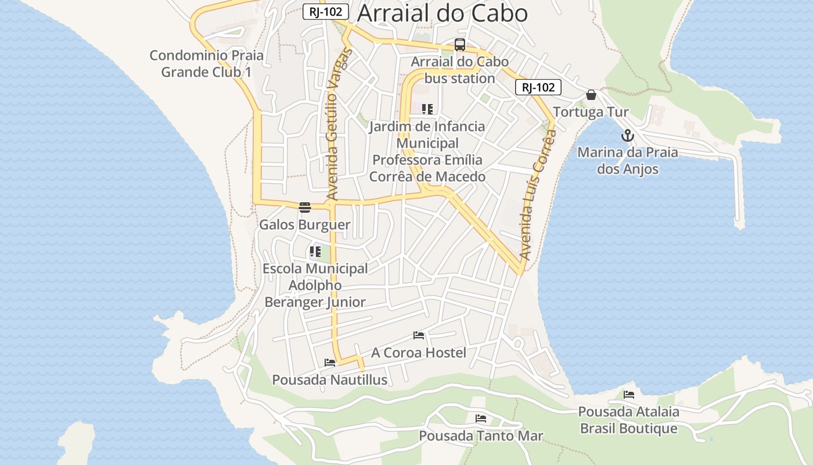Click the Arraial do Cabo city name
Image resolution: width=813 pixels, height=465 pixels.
(442, 13)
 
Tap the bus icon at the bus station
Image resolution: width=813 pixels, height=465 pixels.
(460, 45)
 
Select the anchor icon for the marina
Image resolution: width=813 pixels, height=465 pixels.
(627, 136)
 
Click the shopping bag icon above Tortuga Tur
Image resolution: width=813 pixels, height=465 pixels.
(591, 95)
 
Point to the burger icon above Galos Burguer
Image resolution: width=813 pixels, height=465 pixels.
(305, 208)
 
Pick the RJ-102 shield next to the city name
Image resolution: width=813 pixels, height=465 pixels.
(326, 12)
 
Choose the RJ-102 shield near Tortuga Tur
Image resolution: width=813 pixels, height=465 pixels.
(538, 87)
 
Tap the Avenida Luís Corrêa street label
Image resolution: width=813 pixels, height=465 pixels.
(538, 194)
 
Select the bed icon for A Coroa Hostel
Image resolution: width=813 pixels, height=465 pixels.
(419, 335)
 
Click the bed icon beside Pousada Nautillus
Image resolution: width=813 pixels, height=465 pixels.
(330, 363)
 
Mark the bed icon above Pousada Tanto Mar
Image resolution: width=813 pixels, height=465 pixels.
(481, 419)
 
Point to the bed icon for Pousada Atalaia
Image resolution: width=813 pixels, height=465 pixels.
(629, 395)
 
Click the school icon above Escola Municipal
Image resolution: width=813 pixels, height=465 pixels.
(315, 252)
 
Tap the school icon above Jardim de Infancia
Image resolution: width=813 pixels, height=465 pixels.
(427, 109)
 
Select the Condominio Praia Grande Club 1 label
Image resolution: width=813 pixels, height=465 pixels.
(207, 64)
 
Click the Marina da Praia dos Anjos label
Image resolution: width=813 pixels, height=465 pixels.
(628, 161)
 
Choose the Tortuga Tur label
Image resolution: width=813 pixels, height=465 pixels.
(591, 112)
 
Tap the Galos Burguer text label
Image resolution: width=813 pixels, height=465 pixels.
(305, 225)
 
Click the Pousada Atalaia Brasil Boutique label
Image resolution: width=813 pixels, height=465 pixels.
(629, 420)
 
